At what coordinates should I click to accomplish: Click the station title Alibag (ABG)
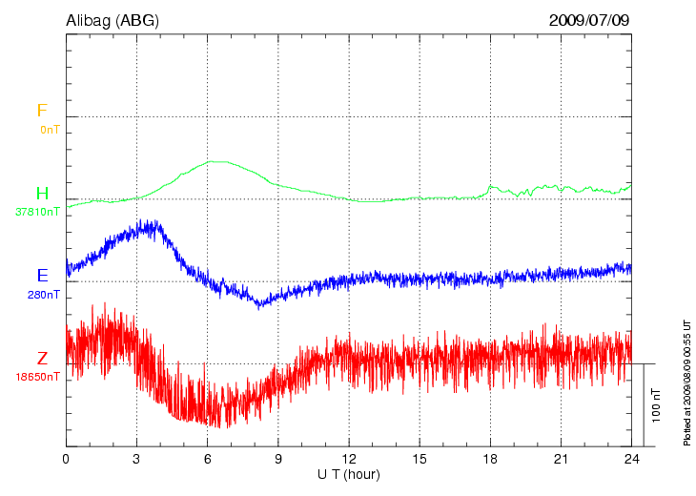(113, 19)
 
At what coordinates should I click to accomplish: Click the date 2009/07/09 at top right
(589, 19)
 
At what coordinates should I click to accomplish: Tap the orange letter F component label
(41, 111)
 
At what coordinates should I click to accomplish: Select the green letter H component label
(41, 194)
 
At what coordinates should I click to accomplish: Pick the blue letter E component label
(42, 276)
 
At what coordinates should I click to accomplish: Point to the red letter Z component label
(42, 359)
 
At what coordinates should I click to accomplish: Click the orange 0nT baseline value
(50, 129)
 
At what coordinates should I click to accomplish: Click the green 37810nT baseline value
(38, 212)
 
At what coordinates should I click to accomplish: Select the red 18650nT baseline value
(38, 377)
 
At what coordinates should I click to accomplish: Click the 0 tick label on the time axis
(66, 460)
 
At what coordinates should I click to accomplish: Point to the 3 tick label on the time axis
(136, 460)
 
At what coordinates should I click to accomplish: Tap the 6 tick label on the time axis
(208, 460)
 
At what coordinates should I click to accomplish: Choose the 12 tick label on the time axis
(349, 460)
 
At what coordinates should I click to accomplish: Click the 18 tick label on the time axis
(491, 460)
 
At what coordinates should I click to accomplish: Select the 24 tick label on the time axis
(632, 460)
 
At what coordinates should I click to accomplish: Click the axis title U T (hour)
(349, 474)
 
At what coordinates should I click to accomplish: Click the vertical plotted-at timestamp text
(686, 382)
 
